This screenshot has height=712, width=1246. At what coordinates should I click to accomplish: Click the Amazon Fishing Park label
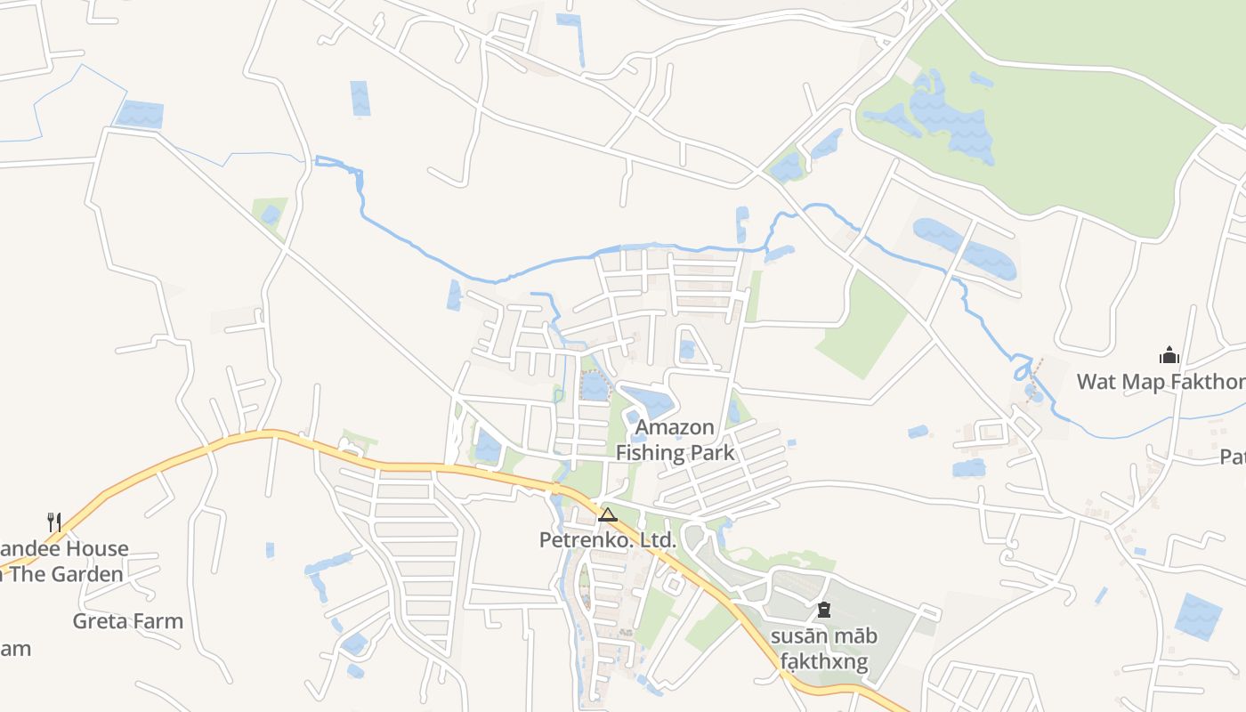tap(676, 441)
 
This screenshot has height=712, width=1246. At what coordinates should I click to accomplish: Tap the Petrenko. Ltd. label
tap(608, 539)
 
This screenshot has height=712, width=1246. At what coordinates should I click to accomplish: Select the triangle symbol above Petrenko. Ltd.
tap(608, 514)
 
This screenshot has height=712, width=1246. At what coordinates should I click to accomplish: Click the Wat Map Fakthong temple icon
tap(1169, 356)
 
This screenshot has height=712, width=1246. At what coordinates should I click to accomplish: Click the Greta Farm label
tap(128, 620)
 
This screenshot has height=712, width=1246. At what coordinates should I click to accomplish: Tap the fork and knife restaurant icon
tap(54, 521)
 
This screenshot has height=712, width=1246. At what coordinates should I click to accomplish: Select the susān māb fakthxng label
tap(823, 649)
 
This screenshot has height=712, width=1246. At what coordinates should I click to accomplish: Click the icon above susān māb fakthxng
tap(823, 611)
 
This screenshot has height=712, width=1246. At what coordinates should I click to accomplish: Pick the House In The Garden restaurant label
tap(62, 562)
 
